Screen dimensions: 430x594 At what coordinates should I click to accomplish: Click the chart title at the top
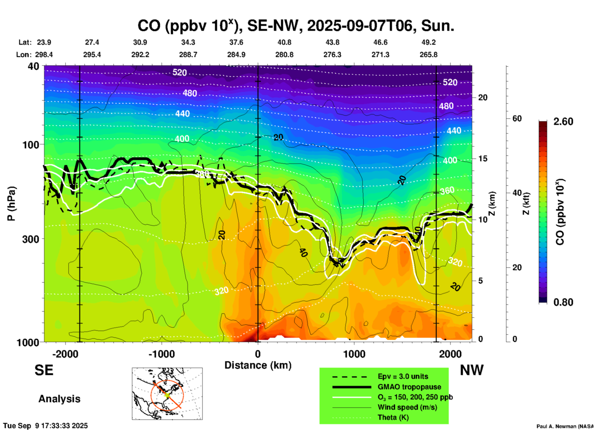coord(295,26)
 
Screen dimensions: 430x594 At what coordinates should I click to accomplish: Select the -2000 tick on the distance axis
coord(65,354)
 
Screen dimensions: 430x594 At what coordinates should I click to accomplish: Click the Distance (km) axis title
coord(258,365)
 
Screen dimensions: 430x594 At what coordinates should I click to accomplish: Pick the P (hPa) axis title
coord(11,204)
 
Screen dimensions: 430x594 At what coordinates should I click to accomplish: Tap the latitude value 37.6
coord(236,42)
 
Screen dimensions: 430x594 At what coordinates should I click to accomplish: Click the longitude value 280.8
coord(284,55)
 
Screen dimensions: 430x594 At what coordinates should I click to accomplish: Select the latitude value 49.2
coord(428,42)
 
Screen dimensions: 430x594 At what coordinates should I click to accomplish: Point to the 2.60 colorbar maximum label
coord(563,122)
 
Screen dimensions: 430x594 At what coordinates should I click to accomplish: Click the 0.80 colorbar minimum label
coord(563,302)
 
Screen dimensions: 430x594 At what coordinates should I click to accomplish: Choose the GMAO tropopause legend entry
coord(409,387)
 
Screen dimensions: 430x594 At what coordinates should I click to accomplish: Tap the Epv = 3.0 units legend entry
coord(403,376)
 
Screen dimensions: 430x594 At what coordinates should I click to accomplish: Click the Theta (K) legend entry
coord(393,417)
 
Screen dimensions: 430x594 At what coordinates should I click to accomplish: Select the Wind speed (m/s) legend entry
coord(407,407)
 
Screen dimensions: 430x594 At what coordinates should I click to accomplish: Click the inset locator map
coord(167,393)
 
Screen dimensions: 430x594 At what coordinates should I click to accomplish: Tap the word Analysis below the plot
coord(59,399)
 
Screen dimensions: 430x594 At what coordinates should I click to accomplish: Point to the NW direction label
coord(472,370)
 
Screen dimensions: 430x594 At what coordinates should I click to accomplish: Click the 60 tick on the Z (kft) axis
coord(517,118)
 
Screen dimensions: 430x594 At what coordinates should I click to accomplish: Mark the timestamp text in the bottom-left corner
coord(45,426)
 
